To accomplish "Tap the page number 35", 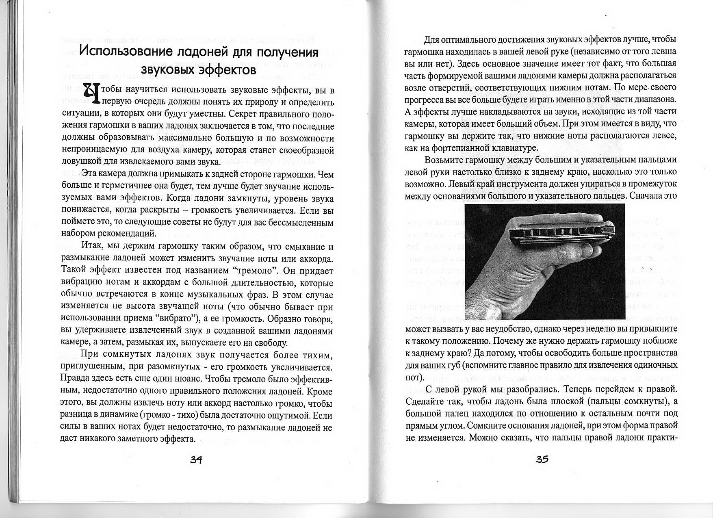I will coord(542,459).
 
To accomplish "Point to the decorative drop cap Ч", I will coord(91,93).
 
